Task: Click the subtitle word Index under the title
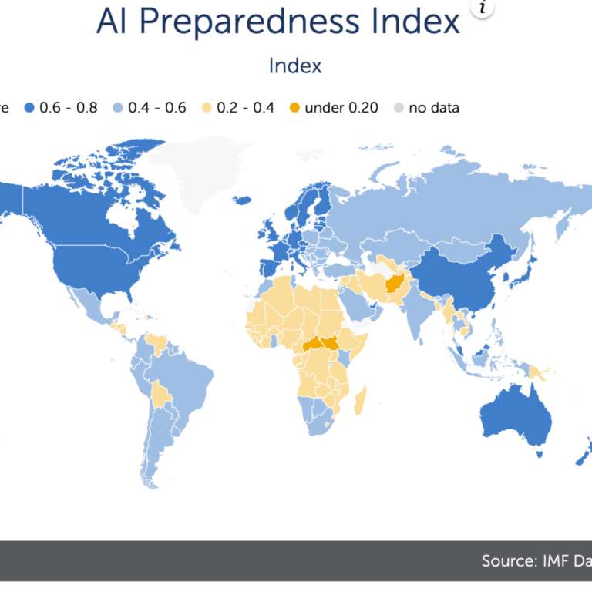click(295, 66)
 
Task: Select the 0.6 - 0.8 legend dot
click(32, 108)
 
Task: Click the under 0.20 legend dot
click(294, 108)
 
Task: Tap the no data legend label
click(434, 108)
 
